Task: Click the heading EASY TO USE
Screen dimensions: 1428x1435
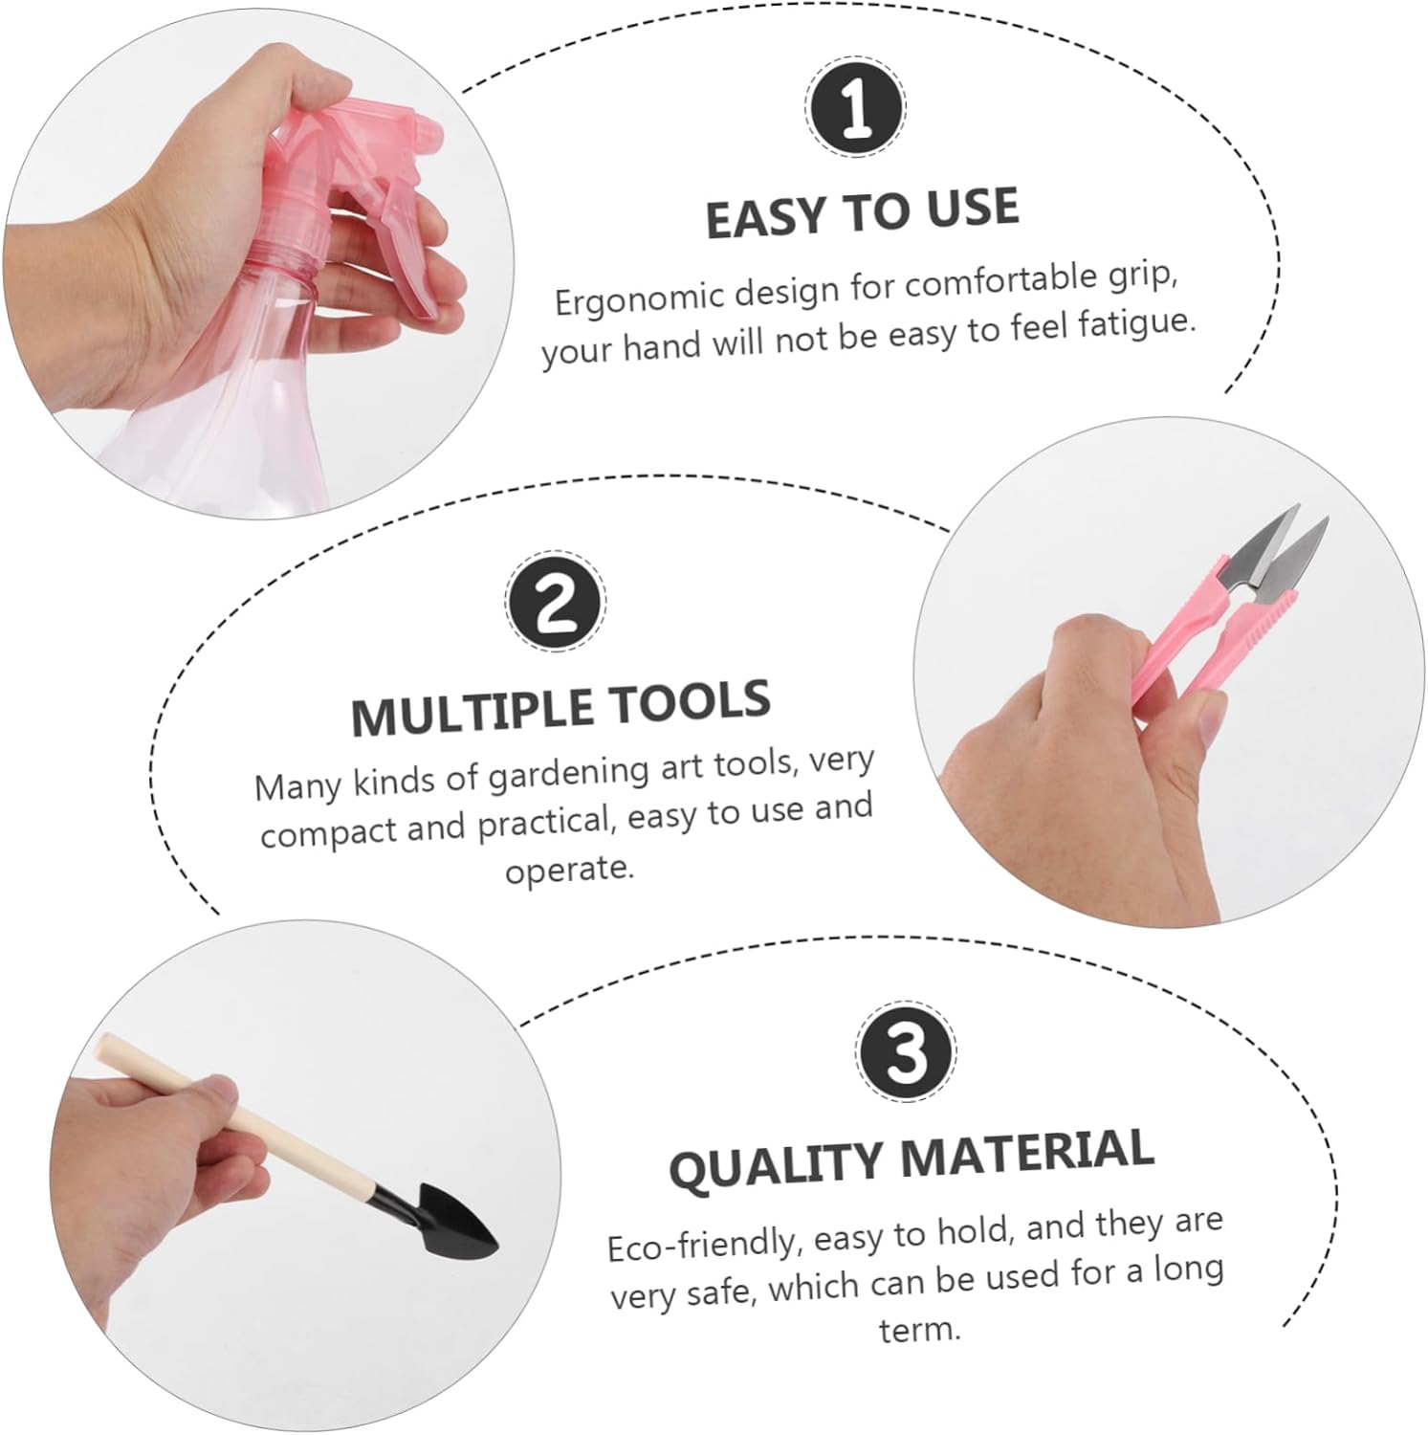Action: pos(862,212)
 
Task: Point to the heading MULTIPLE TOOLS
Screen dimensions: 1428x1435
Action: pos(560,707)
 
